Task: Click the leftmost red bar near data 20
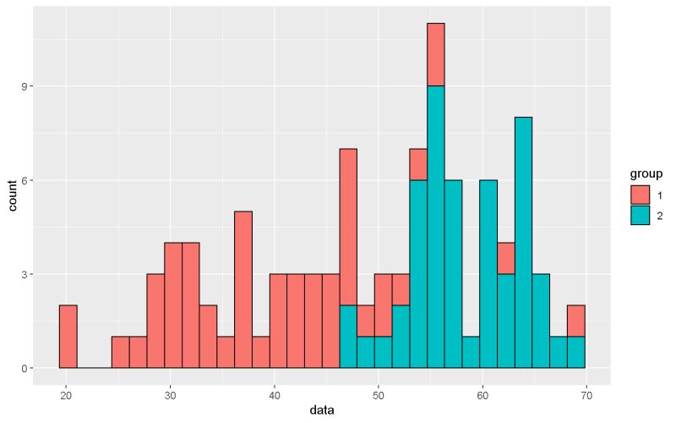[68, 337]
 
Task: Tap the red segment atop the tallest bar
[436, 54]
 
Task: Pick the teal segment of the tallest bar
[436, 227]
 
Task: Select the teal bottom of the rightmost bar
[576, 352]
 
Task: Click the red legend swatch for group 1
[640, 195]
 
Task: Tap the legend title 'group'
[646, 174]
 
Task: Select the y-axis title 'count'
[13, 197]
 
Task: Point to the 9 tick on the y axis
[26, 86]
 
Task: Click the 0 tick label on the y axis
[26, 368]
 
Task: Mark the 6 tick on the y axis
[26, 180]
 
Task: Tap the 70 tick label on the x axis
[586, 393]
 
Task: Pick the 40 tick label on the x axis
[275, 393]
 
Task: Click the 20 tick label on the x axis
[67, 393]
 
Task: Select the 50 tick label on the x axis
[379, 393]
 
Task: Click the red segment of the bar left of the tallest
[418, 164]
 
